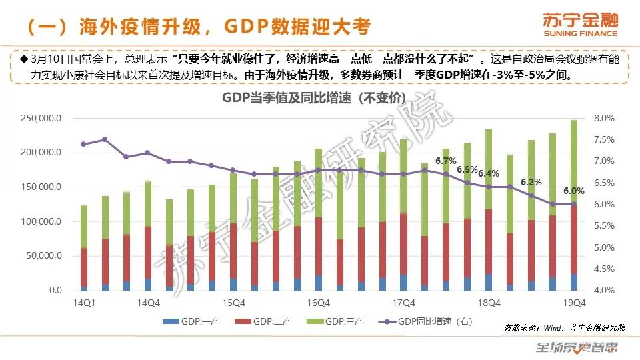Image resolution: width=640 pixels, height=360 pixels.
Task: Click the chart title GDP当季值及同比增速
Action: point(313,97)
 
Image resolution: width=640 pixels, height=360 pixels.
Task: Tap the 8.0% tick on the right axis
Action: point(603,119)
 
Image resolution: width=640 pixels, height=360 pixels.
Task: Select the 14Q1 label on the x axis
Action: point(84,302)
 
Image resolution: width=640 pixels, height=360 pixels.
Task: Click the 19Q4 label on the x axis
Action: point(574,302)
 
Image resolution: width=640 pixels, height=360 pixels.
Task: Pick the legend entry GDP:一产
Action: point(197,322)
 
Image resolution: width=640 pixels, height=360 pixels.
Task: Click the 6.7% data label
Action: point(445,161)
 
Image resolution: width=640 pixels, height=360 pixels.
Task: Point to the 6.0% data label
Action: point(574,190)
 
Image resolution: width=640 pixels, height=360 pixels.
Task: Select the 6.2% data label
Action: point(531,182)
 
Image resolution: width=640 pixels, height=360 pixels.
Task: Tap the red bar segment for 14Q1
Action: point(84,267)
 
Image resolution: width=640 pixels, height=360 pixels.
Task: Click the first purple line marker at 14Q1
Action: point(84,144)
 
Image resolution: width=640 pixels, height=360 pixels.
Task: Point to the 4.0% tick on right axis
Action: point(603,291)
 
